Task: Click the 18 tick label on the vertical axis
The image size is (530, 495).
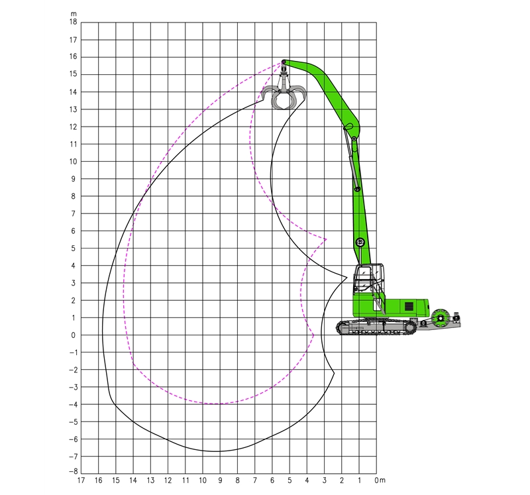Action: pyautogui.click(x=74, y=22)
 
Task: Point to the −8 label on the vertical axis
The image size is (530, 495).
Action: pyautogui.click(x=73, y=471)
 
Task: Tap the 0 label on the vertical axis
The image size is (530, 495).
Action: pyautogui.click(x=74, y=335)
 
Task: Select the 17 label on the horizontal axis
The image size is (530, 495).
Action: pyautogui.click(x=81, y=480)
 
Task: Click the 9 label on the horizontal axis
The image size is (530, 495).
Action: pyautogui.click(x=220, y=480)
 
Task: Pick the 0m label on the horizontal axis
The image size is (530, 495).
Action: pyautogui.click(x=380, y=480)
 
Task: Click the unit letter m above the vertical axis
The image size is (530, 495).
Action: pyautogui.click(x=74, y=14)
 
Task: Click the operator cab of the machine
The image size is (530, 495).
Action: pyautogui.click(x=368, y=279)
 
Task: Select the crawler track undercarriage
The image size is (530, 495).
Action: pyautogui.click(x=376, y=327)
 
